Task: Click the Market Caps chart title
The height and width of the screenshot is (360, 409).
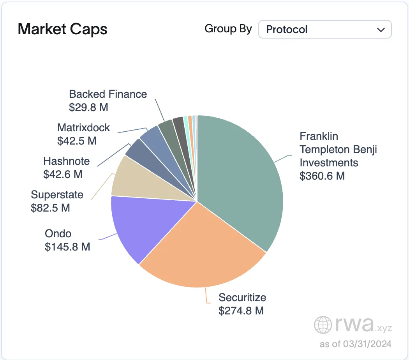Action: pyautogui.click(x=62, y=30)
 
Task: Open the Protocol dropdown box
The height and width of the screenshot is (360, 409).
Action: pyautogui.click(x=325, y=30)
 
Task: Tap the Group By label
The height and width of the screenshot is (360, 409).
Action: pyautogui.click(x=228, y=29)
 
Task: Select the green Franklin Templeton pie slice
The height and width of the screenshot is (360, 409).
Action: pyautogui.click(x=242, y=175)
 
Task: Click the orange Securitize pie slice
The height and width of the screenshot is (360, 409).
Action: pyautogui.click(x=206, y=249)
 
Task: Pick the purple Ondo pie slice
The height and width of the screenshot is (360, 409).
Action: pyautogui.click(x=140, y=226)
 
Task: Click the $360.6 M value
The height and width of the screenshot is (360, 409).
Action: pyautogui.click(x=322, y=176)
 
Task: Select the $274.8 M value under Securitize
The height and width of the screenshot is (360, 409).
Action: pyautogui.click(x=241, y=311)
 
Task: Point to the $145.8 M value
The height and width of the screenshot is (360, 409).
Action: pyautogui.click(x=67, y=247)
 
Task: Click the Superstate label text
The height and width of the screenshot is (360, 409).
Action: pyautogui.click(x=57, y=194)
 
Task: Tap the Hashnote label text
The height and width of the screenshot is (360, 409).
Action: pyautogui.click(x=66, y=161)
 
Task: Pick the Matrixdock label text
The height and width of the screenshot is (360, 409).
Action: pyautogui.click(x=83, y=127)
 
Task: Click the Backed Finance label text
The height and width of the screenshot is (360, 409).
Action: pyautogui.click(x=108, y=94)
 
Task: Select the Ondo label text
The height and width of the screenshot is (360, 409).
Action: pyautogui.click(x=58, y=233)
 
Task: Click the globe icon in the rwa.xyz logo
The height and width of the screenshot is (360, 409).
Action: pyautogui.click(x=323, y=324)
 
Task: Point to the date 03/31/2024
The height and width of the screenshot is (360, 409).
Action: pyautogui.click(x=367, y=344)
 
